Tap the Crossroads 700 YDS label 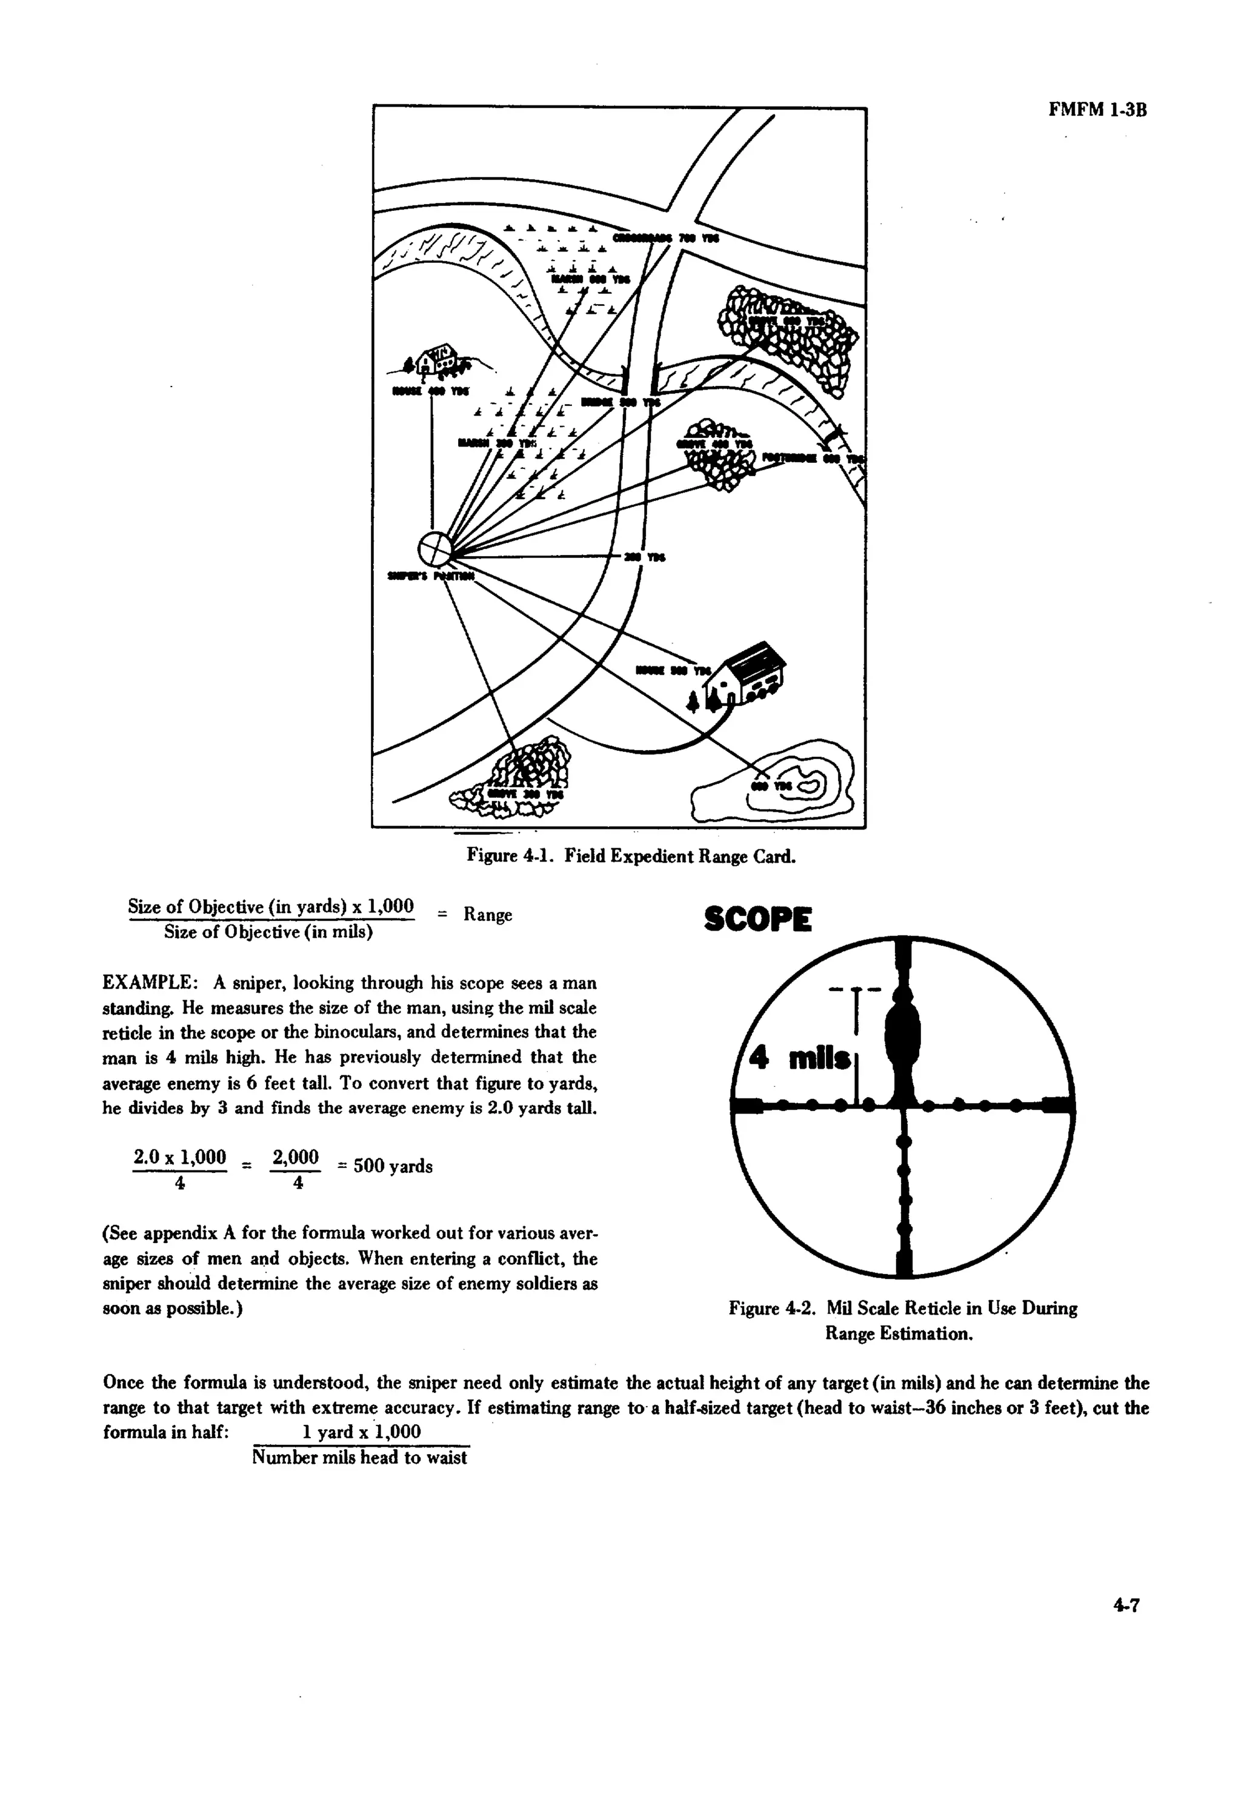pyautogui.click(x=667, y=238)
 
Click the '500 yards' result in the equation pyautogui.click(x=393, y=1166)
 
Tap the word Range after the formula pyautogui.click(x=488, y=914)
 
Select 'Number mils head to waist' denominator pyautogui.click(x=360, y=1457)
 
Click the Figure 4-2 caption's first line pyautogui.click(x=903, y=1309)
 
